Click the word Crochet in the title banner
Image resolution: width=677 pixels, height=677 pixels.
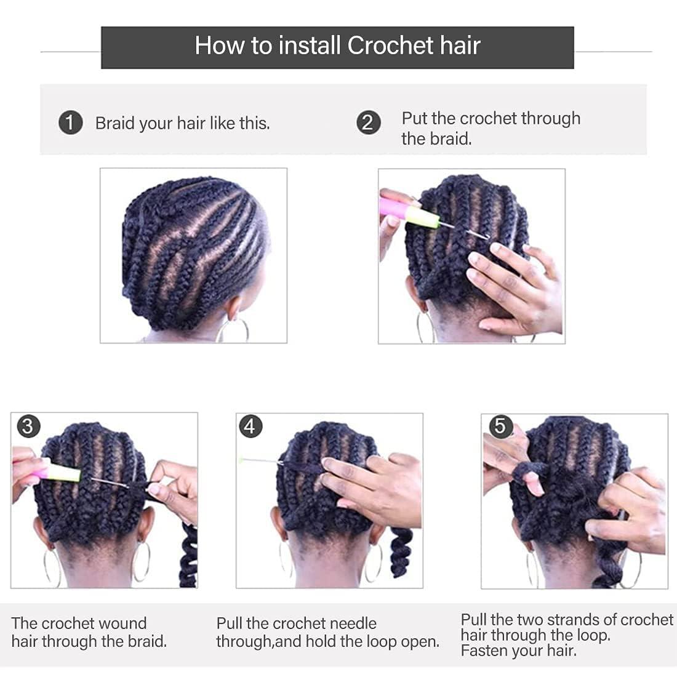tap(382, 46)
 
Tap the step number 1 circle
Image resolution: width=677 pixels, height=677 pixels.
tap(70, 122)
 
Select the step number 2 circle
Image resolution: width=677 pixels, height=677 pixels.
tap(368, 122)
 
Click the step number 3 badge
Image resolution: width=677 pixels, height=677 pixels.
tap(28, 426)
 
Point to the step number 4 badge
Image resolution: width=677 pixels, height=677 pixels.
tap(250, 426)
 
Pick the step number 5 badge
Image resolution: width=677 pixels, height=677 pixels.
tap(500, 426)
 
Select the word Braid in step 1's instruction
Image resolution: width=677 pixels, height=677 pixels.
tap(115, 123)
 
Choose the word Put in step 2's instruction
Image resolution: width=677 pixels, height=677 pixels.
tap(414, 118)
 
